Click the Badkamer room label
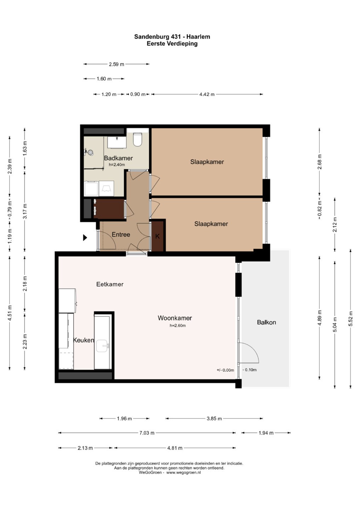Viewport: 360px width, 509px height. (x=118, y=158)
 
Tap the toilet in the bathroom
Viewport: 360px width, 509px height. (x=138, y=139)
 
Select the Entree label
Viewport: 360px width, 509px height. (x=121, y=234)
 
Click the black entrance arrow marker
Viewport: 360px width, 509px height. (x=85, y=238)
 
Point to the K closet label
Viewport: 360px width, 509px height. (x=157, y=236)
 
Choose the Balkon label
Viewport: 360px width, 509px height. (x=266, y=322)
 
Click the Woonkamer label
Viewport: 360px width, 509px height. (x=175, y=318)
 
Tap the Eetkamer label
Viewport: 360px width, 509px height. (x=110, y=284)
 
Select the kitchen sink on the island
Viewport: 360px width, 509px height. (x=103, y=346)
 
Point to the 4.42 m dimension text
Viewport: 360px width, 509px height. (x=207, y=94)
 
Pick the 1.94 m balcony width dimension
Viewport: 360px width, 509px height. (x=266, y=433)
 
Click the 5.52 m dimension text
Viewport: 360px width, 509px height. (x=350, y=318)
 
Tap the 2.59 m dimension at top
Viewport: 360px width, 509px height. (x=117, y=64)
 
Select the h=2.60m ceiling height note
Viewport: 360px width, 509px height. (x=178, y=326)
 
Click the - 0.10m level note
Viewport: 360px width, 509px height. (x=249, y=370)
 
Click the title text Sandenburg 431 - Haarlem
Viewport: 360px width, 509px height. (x=172, y=37)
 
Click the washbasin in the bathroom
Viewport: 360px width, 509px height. (x=117, y=142)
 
